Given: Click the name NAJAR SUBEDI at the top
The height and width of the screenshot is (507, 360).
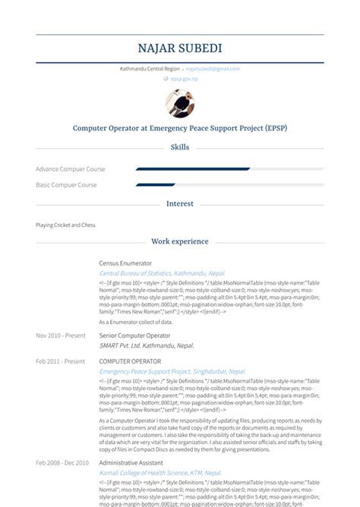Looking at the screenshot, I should pos(180,49).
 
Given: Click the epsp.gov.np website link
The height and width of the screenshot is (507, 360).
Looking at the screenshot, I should pos(183,79).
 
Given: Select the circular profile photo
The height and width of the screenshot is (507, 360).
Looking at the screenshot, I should pos(180,103).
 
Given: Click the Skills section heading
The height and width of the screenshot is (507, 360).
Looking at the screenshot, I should pos(180,147).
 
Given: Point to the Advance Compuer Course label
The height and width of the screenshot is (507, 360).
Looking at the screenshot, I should pos(71,169).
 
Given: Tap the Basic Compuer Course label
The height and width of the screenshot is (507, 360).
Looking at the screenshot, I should pos(66,184).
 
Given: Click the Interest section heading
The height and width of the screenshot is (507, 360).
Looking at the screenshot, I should pos(180,204).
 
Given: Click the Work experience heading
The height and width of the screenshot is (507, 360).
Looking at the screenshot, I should pos(180,242).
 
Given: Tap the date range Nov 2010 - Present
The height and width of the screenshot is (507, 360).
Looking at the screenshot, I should pos(60,335).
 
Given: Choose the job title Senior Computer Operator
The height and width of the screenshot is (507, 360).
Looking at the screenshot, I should pos(134,335).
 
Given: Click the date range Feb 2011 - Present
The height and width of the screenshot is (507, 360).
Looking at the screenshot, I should pos(60,361).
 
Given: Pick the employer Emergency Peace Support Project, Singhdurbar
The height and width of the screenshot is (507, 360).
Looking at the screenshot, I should pos(172,371).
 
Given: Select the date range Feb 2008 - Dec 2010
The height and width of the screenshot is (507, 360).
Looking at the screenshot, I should pos(62,462).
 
